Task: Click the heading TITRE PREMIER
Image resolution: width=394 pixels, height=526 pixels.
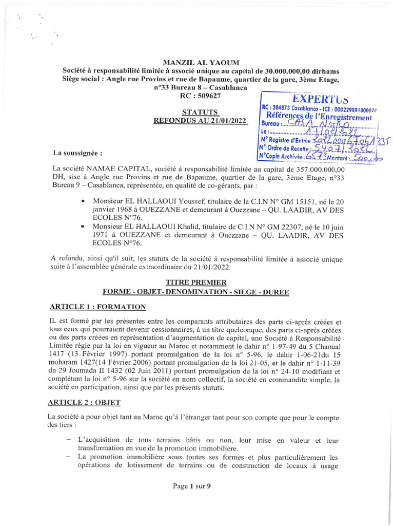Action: (x=195, y=283)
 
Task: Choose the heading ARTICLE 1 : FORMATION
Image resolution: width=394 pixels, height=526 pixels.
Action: (x=97, y=307)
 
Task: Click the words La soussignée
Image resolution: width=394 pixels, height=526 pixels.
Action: (x=77, y=153)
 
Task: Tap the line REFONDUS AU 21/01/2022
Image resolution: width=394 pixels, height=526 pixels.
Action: (x=201, y=121)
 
